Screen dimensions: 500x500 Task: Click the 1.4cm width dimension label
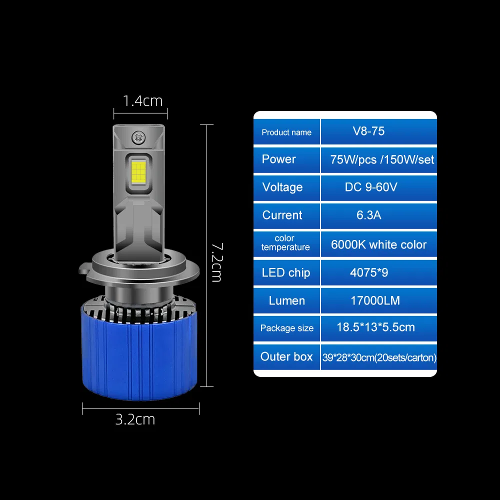142,101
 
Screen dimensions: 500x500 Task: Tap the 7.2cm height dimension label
216,262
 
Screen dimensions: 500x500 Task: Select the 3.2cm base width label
135,419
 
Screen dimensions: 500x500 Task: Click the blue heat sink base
140,355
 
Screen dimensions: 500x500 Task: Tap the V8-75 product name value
368,131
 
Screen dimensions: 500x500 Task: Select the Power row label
278,159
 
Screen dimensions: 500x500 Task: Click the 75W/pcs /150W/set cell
382,160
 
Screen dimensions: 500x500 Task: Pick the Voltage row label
282,187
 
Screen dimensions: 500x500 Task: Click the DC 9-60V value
370,187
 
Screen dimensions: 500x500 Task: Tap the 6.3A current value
368,215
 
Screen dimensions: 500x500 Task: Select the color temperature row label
285,243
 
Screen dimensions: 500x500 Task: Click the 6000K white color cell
378,244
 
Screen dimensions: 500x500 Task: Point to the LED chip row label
285,273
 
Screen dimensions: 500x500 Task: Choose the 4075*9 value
368,273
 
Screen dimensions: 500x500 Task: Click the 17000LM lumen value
375,300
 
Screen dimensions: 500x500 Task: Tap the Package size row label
286,328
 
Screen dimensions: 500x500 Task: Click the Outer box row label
286,357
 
